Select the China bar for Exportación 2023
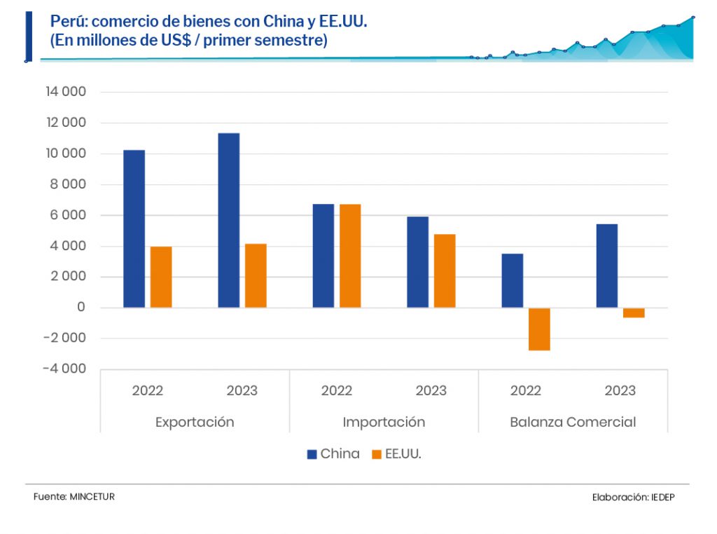coord(228,220)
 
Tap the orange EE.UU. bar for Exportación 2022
coord(161,277)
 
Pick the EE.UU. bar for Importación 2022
coord(350,256)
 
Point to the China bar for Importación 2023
coord(417,262)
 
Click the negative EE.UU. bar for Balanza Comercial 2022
coord(539,329)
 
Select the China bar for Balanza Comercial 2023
coord(606,266)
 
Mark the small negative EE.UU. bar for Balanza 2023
coord(634,313)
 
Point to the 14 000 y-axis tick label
coord(65,92)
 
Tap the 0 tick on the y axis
coord(81,308)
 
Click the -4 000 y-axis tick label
coord(64,369)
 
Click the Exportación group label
coord(195,422)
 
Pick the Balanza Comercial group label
coord(573,422)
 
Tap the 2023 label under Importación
coord(431,390)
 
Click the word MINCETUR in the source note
coord(92,496)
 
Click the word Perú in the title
coord(64,22)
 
